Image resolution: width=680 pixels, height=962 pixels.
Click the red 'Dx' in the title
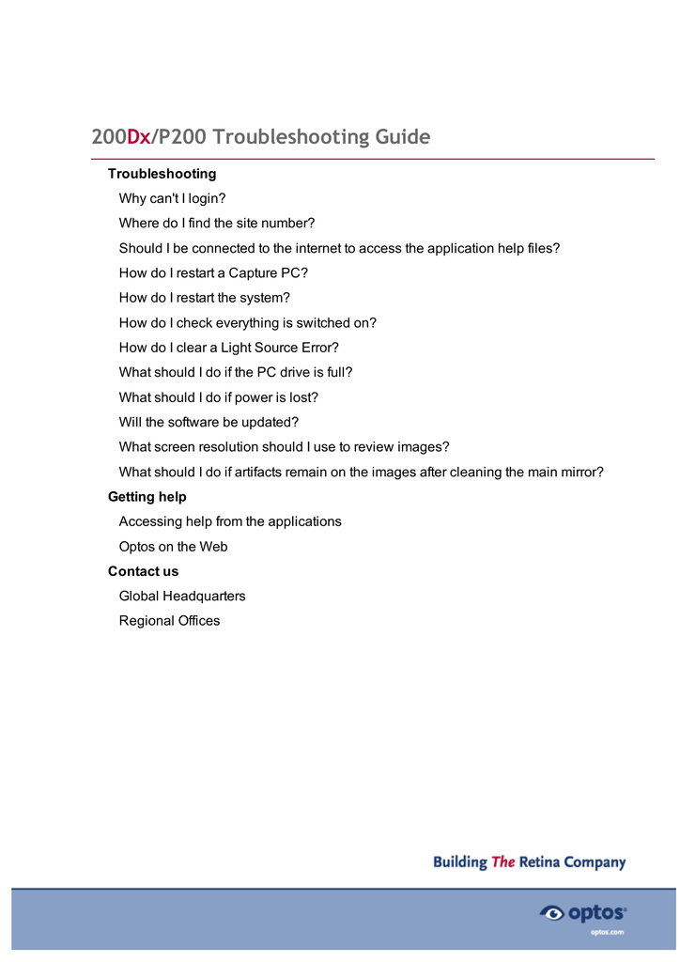tap(138, 137)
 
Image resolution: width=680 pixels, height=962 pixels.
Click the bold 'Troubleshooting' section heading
tap(162, 174)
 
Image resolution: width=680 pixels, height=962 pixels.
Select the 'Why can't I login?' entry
tap(172, 198)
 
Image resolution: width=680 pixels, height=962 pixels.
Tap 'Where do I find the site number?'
tap(216, 224)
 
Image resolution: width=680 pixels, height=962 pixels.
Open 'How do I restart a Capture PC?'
tap(213, 273)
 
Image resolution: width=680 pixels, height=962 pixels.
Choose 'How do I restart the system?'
tap(204, 298)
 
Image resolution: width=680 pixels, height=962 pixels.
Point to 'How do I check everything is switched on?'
tap(247, 322)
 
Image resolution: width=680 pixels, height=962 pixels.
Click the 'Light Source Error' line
tap(228, 348)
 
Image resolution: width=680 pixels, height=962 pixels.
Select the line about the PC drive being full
tap(235, 372)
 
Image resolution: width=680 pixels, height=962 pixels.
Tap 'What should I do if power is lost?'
tap(218, 397)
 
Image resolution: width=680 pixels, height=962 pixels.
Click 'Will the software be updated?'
tap(209, 422)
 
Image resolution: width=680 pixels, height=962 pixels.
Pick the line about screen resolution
tap(284, 447)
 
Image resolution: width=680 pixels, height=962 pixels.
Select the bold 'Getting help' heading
tap(147, 497)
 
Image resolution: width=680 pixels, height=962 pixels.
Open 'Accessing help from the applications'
tap(230, 521)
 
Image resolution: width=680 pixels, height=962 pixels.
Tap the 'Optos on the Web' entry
tap(173, 547)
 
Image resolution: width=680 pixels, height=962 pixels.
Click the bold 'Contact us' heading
tap(143, 571)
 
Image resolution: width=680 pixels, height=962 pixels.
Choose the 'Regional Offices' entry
tap(169, 621)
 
